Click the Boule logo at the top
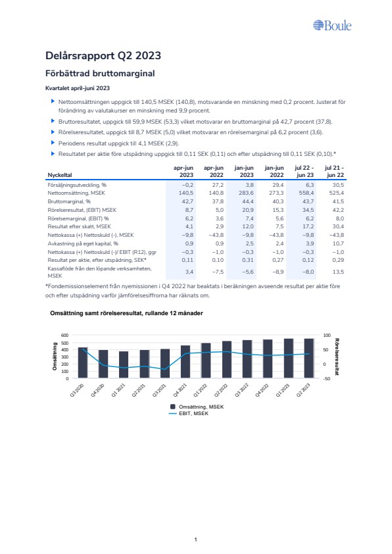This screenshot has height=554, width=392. [x=332, y=26]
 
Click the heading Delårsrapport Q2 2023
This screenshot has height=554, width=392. [x=103, y=55]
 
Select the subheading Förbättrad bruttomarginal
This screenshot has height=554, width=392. [x=100, y=74]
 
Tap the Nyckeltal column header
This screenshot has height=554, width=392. [x=60, y=175]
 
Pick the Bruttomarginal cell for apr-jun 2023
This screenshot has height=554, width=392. [x=187, y=201]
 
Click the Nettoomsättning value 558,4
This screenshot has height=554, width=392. [x=306, y=193]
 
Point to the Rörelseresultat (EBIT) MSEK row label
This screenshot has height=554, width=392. [x=82, y=210]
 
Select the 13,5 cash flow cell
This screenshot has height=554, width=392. [x=338, y=272]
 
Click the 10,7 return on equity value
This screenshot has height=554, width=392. [x=338, y=243]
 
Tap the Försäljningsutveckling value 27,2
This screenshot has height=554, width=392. [x=218, y=185]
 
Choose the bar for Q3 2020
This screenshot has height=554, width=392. [x=83, y=363]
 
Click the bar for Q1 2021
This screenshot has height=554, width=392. [x=124, y=365]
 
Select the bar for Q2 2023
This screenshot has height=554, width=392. [x=309, y=359]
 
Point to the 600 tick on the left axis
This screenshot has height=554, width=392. [x=65, y=335]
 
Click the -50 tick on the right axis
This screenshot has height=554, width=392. [x=327, y=379]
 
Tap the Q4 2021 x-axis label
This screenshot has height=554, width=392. [x=180, y=390]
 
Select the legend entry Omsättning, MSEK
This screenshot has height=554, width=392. [x=197, y=407]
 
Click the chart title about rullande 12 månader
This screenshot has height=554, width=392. [x=126, y=313]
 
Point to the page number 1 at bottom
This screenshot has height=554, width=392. [x=195, y=540]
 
